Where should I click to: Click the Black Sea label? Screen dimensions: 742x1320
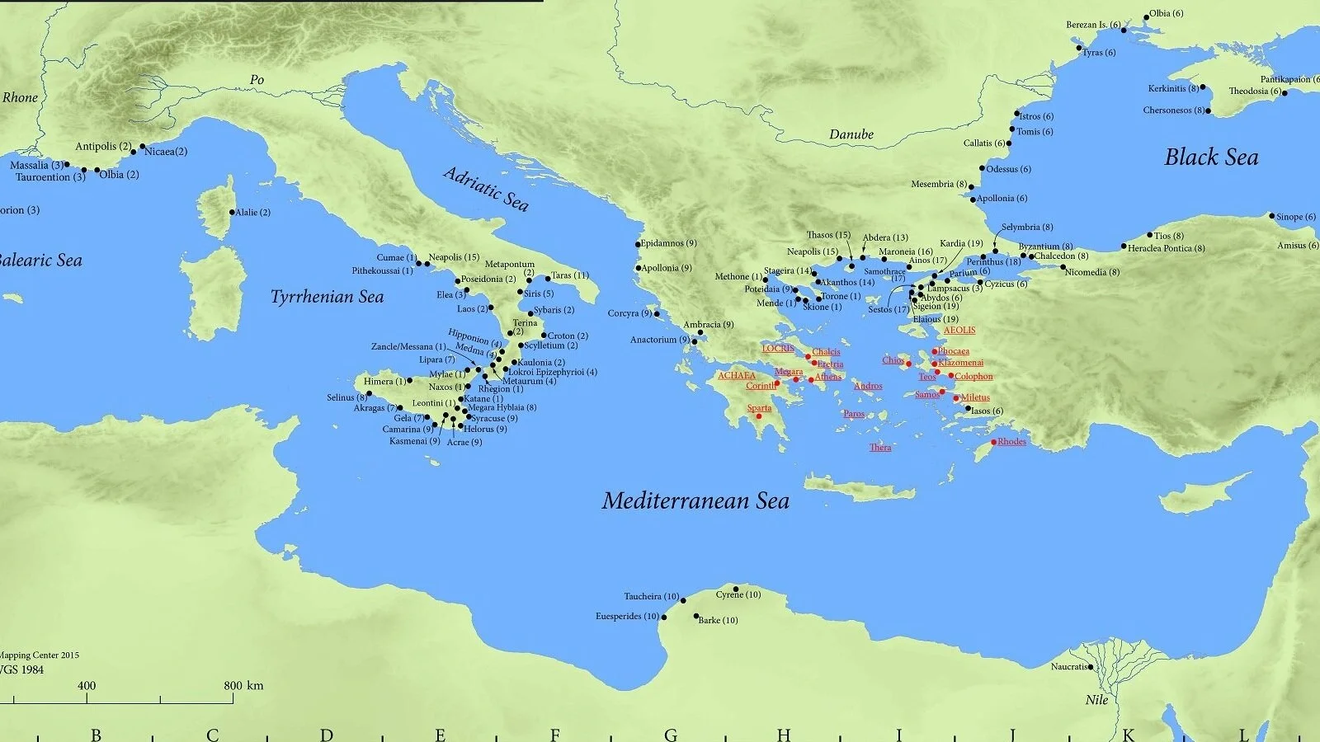coord(1211,157)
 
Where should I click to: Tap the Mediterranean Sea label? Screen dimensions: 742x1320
coord(695,500)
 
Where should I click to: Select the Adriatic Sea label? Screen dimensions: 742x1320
coord(485,189)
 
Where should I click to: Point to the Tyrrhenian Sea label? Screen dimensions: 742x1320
coord(327,297)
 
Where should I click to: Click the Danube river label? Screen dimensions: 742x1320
coord(851,134)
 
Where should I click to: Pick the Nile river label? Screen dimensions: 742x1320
coord(1096,700)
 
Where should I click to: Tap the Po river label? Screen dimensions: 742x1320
coord(257,80)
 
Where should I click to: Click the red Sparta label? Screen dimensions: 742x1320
coord(759,408)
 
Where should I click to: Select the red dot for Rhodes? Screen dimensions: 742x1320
coord(993,442)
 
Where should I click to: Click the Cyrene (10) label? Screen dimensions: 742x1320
coord(738,594)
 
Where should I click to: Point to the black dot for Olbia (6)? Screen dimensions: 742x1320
coord(1146,17)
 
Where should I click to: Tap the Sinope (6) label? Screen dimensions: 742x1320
coord(1295,217)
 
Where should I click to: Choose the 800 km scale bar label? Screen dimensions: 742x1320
coord(243,685)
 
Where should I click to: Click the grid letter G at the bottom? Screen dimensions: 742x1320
coord(671,735)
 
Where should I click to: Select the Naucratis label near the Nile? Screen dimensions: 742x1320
coord(1069,666)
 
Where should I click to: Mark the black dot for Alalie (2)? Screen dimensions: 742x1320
coord(233,212)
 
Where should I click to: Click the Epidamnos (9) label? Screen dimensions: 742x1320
coord(669,243)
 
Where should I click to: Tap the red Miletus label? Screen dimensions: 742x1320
coord(974,397)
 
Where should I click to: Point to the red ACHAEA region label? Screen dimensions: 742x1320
coord(736,376)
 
